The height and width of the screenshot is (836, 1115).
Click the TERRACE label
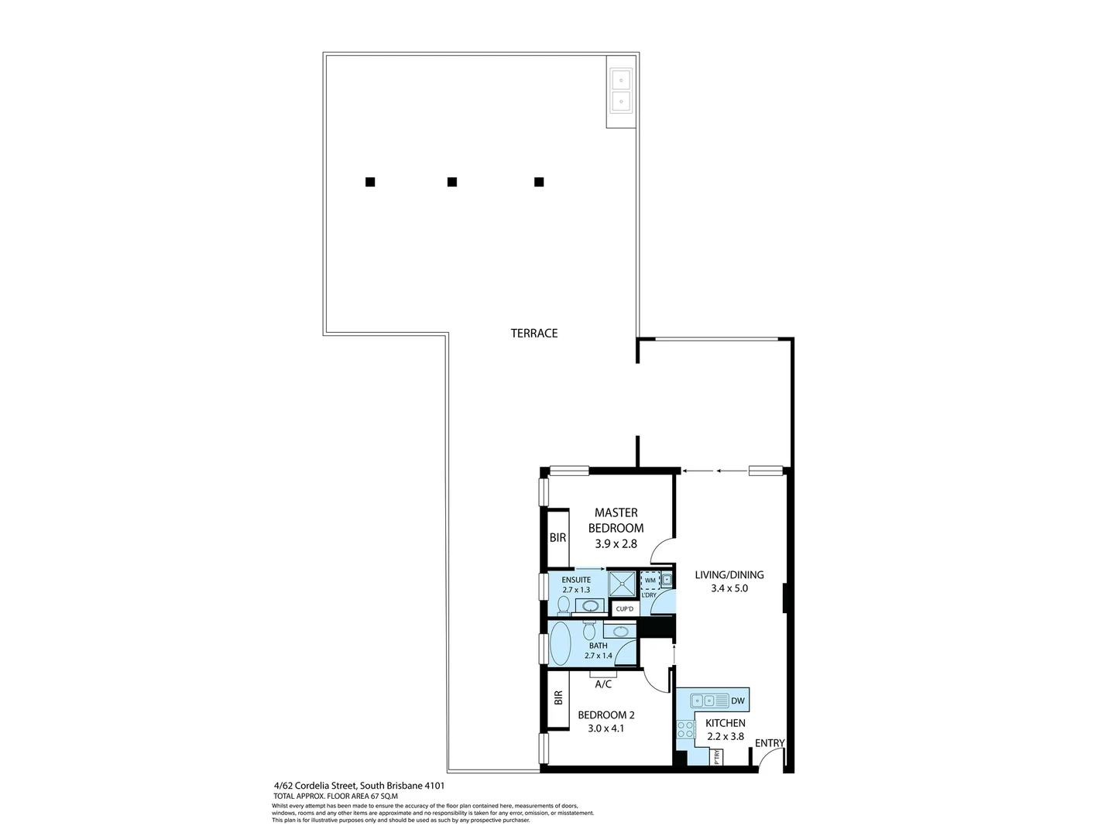tap(534, 334)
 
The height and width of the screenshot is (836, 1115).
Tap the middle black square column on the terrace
tap(452, 182)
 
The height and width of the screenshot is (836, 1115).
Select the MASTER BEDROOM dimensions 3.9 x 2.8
tap(616, 543)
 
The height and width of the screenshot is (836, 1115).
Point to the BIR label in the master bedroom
tap(557, 537)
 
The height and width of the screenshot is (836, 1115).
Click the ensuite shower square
tap(621, 584)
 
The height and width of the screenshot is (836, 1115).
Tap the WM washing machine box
tap(650, 581)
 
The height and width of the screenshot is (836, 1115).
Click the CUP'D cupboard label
tap(624, 609)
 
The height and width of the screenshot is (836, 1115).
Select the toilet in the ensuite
tap(564, 604)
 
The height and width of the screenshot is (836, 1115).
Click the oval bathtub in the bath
tap(560, 644)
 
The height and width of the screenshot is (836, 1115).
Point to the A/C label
tap(604, 684)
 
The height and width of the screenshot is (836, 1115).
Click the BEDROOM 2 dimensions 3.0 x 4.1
tap(606, 728)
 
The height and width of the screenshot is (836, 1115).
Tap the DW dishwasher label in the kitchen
tap(737, 701)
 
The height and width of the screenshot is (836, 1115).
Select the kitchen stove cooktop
tap(685, 728)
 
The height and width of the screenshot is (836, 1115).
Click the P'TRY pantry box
tap(718, 757)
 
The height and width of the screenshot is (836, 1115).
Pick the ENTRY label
tap(770, 743)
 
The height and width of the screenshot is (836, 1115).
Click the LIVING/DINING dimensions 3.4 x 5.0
tap(729, 588)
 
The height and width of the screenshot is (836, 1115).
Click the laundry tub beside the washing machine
tap(665, 580)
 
